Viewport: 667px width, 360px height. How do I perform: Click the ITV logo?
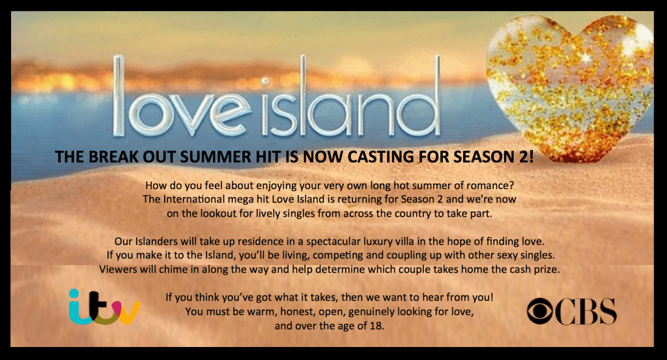105,307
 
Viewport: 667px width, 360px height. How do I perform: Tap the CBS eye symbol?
540,312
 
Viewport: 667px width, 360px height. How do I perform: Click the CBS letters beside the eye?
586,312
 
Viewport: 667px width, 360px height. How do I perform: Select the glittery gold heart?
570,87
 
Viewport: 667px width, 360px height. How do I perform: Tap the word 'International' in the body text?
194,199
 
